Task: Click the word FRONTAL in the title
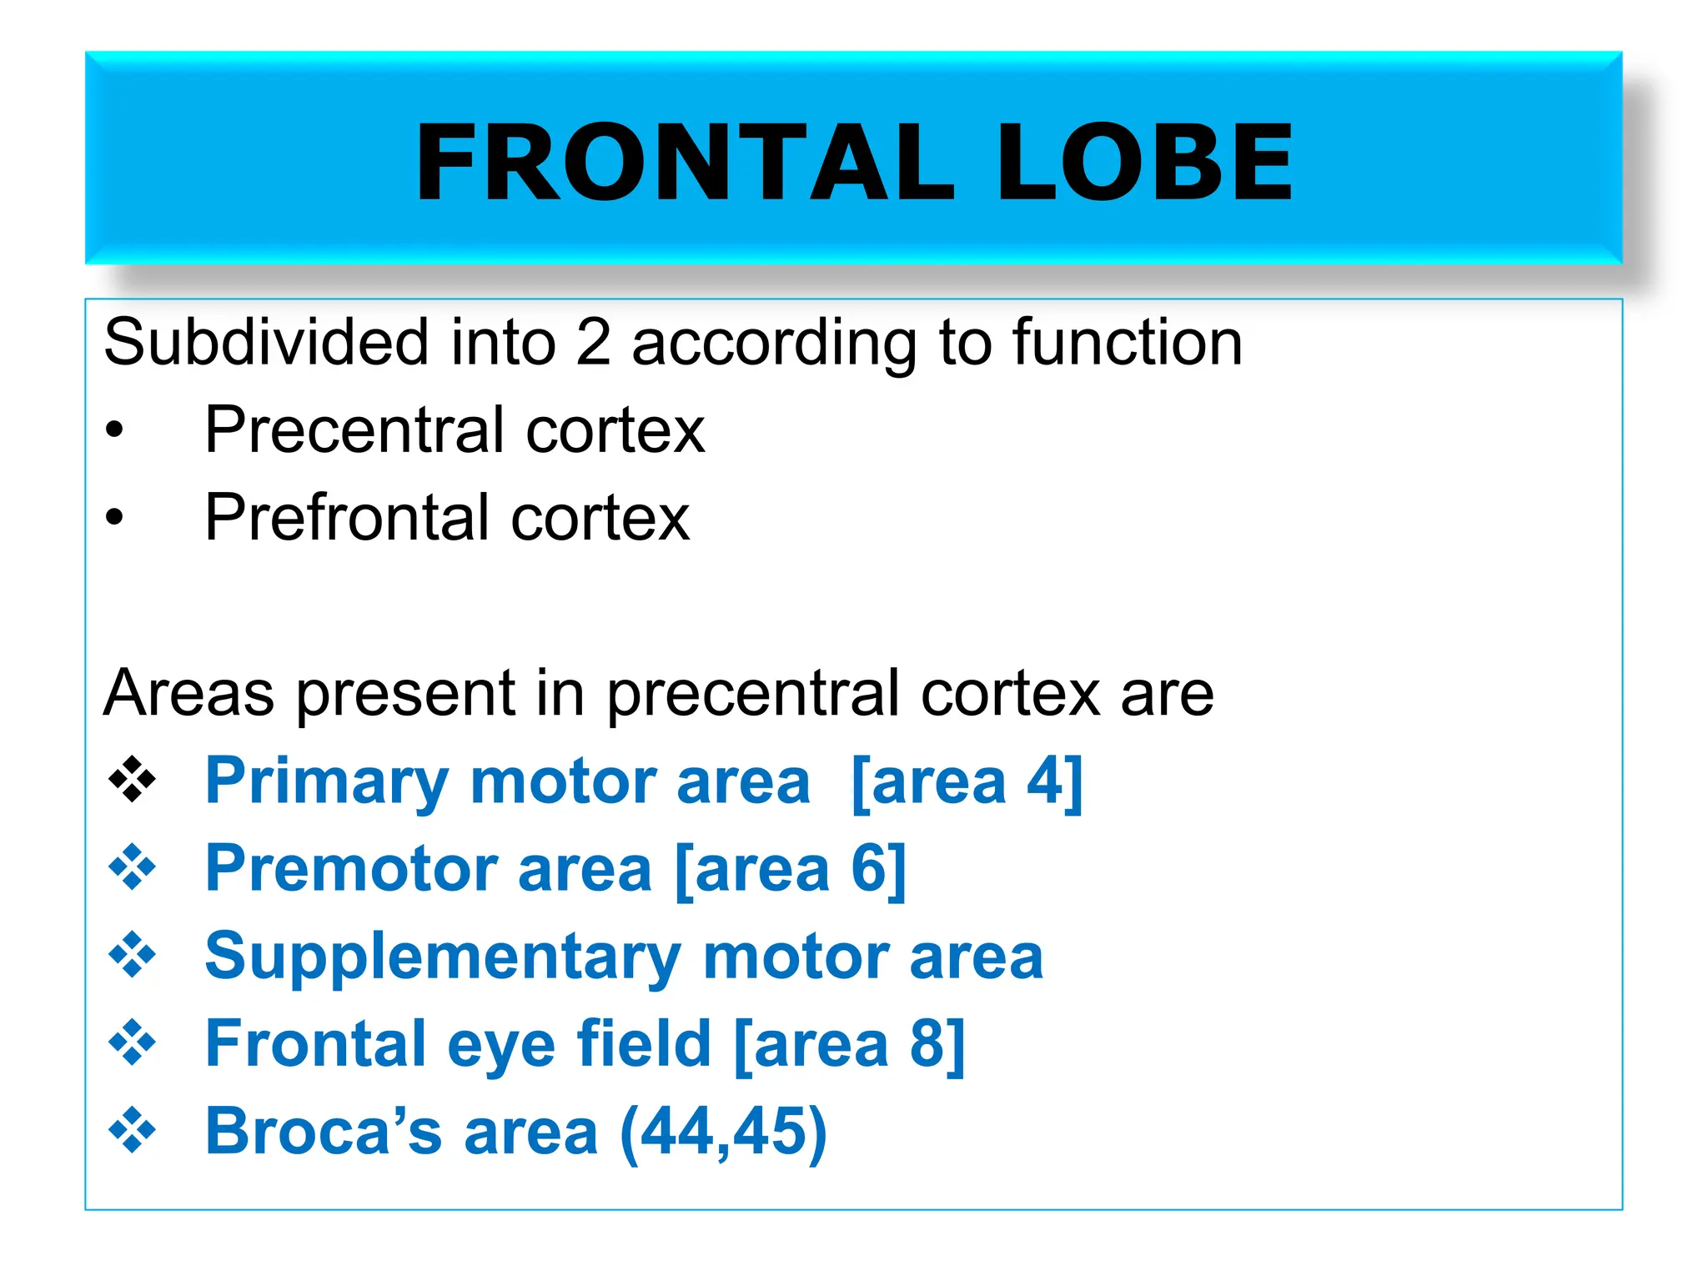click(684, 162)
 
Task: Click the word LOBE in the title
click(1144, 162)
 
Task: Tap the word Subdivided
click(266, 343)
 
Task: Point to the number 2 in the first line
click(593, 343)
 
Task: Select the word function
click(1128, 343)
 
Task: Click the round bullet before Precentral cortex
click(114, 431)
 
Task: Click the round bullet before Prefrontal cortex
click(114, 518)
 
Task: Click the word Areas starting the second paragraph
click(188, 693)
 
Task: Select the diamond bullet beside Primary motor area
click(132, 781)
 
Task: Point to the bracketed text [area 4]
click(967, 782)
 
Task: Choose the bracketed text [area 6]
click(791, 870)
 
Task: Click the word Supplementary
click(443, 957)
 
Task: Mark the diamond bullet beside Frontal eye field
click(132, 1043)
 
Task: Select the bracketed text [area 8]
click(850, 1045)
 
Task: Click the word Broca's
click(324, 1132)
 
